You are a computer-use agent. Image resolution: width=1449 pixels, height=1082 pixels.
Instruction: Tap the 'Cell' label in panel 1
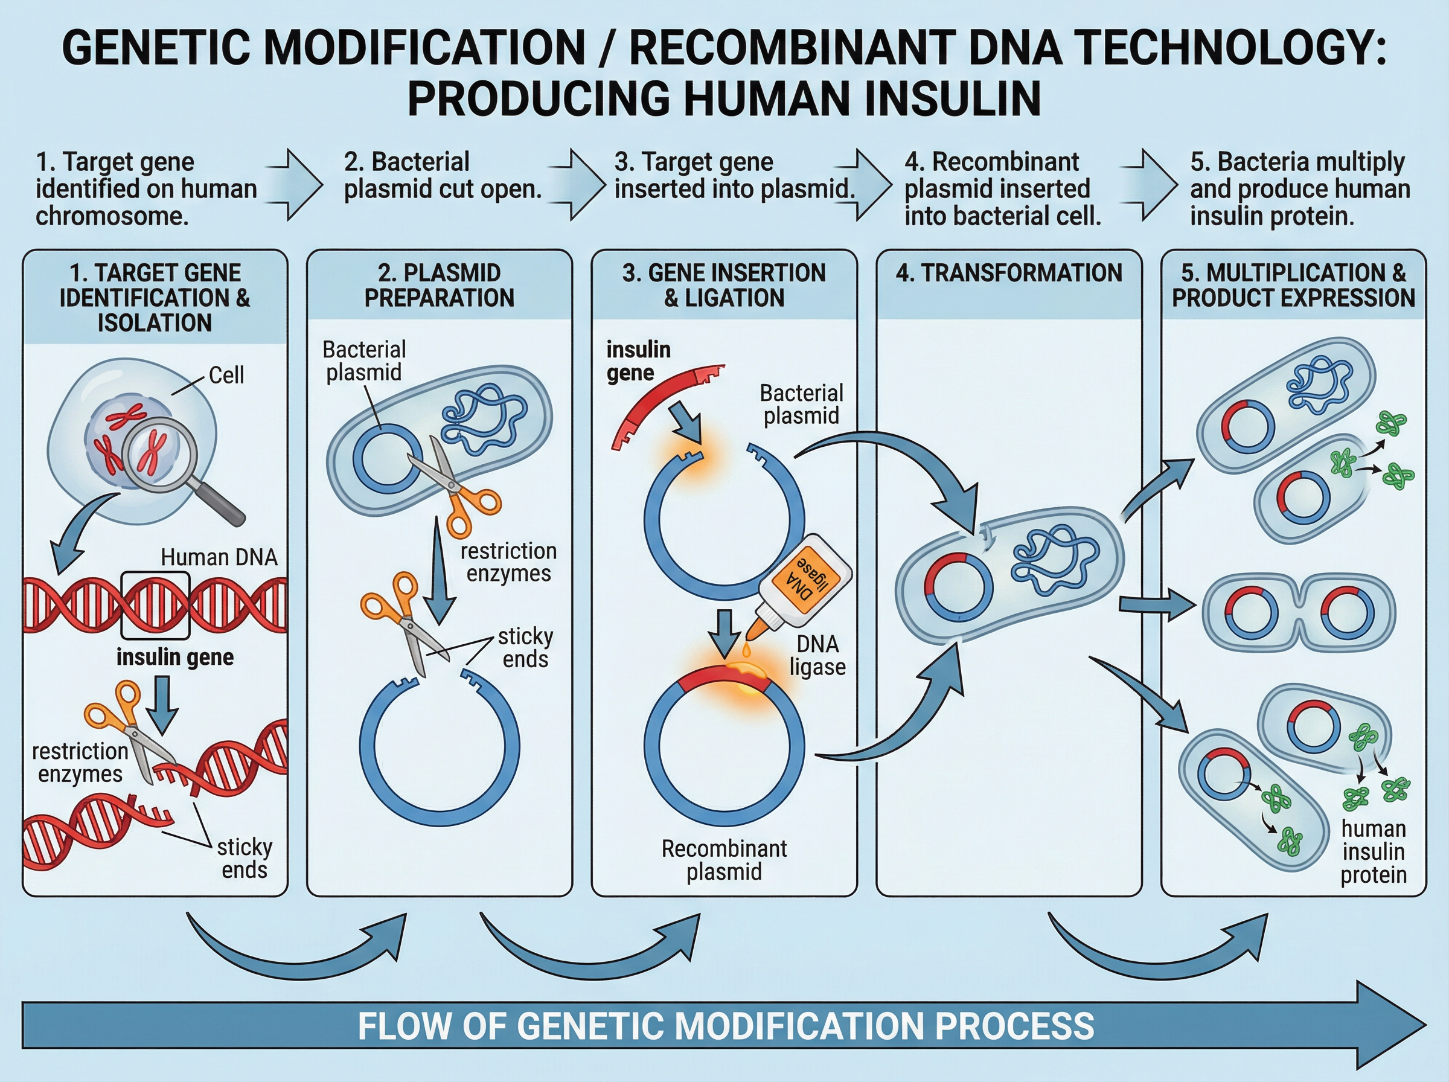coord(226,376)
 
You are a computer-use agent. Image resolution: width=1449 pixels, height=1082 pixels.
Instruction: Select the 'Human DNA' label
coord(219,557)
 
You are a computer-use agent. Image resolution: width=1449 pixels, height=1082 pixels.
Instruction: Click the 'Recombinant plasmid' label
coord(724,860)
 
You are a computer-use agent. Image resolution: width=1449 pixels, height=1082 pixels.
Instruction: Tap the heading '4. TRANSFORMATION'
coord(1009,273)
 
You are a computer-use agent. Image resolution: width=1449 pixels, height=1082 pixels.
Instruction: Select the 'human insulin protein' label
coord(1373,851)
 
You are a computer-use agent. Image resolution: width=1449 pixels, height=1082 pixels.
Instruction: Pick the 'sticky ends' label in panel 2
coord(526,647)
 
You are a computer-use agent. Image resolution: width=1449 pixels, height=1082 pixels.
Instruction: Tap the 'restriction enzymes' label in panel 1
coord(80,763)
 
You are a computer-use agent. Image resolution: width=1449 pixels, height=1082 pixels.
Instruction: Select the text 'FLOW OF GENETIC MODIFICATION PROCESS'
coord(726,1026)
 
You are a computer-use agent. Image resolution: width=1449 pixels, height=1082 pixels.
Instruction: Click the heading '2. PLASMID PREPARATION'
coord(440,285)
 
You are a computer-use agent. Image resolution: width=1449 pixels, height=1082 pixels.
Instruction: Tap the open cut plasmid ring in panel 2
coord(440,753)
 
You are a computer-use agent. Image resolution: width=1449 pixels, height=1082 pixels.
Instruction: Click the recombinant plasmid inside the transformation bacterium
coord(959,586)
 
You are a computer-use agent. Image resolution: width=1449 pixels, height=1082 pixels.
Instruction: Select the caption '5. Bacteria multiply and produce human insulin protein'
coord(1299,188)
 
